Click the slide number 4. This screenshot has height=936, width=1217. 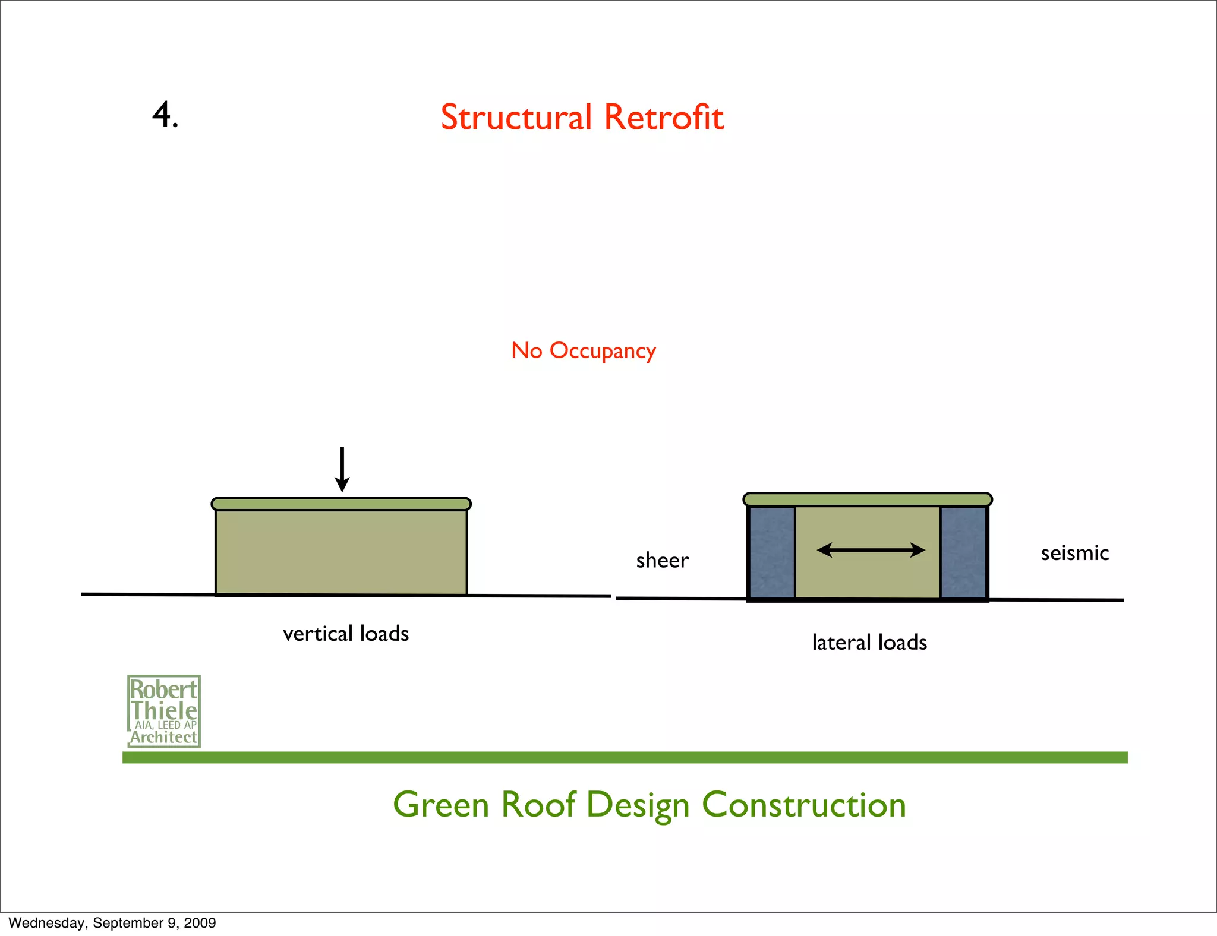click(x=165, y=115)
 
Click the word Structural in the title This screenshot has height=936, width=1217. click(x=516, y=117)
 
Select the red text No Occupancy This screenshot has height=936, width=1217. click(x=584, y=351)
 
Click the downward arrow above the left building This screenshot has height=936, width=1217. click(x=342, y=470)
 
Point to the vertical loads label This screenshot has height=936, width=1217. click(x=346, y=634)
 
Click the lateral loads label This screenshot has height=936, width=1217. click(x=869, y=643)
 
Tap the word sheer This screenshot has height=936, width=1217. click(x=662, y=561)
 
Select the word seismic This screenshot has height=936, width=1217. click(x=1074, y=554)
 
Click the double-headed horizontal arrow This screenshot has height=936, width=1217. click(x=871, y=551)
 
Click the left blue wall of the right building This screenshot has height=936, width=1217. click(x=771, y=552)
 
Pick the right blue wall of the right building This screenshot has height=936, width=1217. click(x=963, y=552)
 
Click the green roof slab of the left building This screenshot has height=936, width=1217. click(x=341, y=504)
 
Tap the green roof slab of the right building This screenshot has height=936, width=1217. click(x=868, y=499)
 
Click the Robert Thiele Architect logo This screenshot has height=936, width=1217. click(x=164, y=712)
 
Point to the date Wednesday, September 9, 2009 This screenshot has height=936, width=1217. click(x=112, y=923)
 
